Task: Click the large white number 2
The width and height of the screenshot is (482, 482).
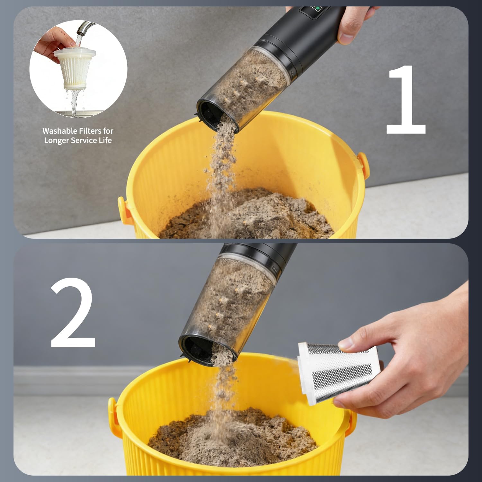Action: [73, 313]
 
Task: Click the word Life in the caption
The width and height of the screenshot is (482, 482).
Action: [105, 140]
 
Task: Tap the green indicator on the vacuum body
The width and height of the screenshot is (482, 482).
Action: [318, 9]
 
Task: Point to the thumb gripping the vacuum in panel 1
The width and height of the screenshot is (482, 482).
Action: [347, 37]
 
